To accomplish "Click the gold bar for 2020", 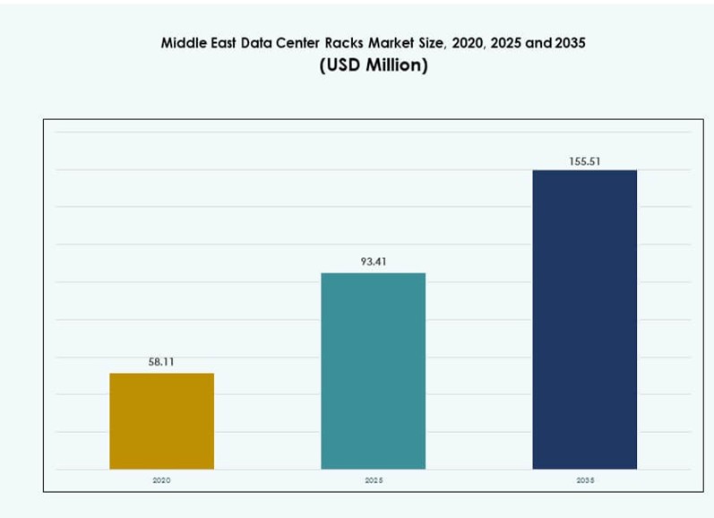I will pyautogui.click(x=161, y=420).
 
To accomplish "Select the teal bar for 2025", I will pyautogui.click(x=373, y=370).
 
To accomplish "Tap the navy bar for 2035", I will pyautogui.click(x=584, y=319).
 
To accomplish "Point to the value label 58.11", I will pyautogui.click(x=161, y=362).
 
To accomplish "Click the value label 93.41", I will pyautogui.click(x=373, y=262).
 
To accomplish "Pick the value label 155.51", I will pyautogui.click(x=584, y=161).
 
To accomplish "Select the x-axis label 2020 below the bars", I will pyautogui.click(x=161, y=481).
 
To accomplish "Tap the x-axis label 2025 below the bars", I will pyautogui.click(x=373, y=481).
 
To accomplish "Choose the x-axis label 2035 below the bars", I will pyautogui.click(x=584, y=481).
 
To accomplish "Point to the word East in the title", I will pyautogui.click(x=223, y=42).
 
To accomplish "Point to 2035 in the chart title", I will pyautogui.click(x=569, y=42).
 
